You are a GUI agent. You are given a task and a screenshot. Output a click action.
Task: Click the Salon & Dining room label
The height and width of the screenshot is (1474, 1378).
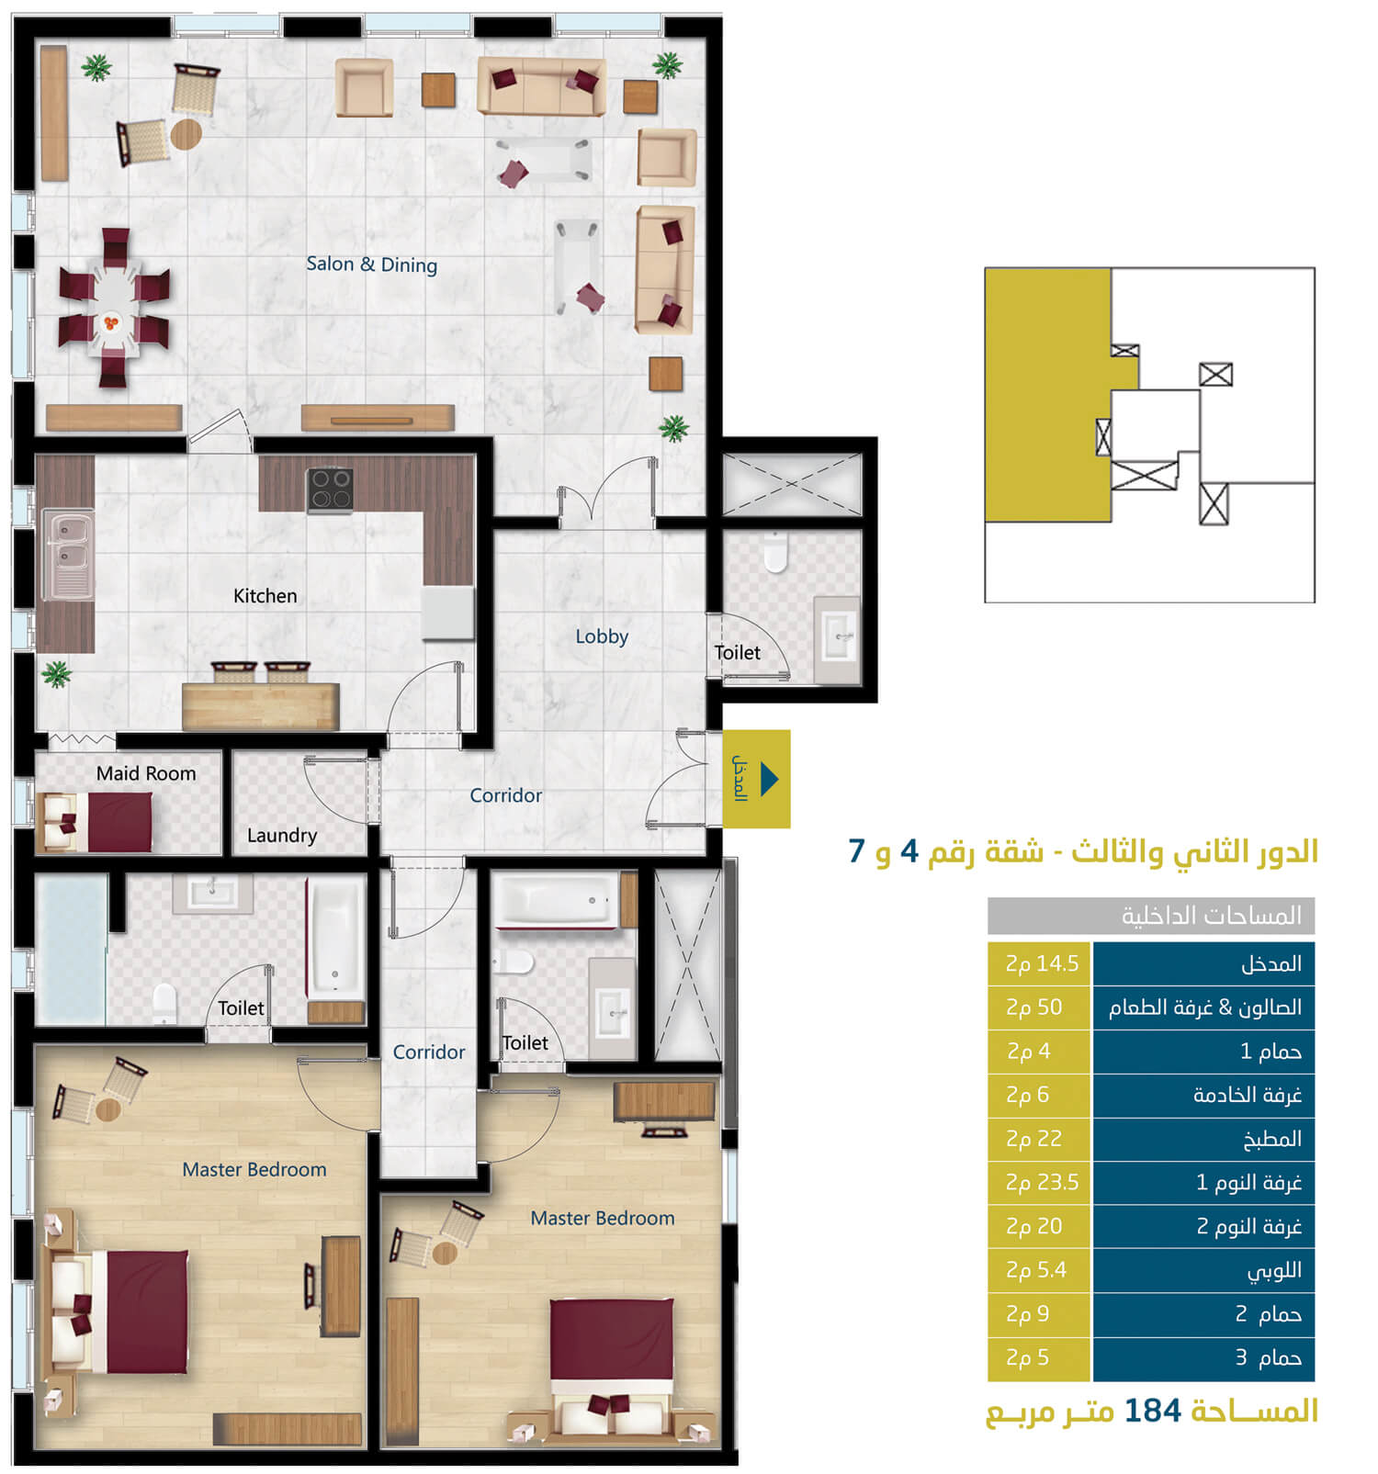[x=371, y=264]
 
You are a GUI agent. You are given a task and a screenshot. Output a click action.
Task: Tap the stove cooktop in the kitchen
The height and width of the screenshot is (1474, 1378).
[x=330, y=489]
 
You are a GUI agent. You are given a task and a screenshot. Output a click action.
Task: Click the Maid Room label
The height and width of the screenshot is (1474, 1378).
[x=146, y=773]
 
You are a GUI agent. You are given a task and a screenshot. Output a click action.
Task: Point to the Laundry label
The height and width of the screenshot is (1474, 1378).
[x=281, y=836]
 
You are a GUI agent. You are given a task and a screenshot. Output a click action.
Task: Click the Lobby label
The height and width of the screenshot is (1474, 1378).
[x=602, y=636]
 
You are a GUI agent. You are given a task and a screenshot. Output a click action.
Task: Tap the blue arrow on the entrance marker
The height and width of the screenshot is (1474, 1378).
[x=770, y=779]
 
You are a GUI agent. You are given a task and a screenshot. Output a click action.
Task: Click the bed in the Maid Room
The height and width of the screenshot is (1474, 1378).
[x=98, y=822]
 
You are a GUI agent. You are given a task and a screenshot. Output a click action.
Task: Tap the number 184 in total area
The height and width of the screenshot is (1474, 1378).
[x=1152, y=1411]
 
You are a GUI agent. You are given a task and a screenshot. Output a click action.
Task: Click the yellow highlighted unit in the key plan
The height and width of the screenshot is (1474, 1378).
[x=1047, y=395]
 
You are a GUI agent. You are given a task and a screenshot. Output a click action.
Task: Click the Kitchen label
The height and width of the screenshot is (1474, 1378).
[x=265, y=596]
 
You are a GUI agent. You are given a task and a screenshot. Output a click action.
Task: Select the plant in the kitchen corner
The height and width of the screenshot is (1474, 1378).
[x=57, y=674]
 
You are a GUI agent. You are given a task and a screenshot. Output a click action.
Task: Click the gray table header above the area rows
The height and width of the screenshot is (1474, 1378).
[x=1151, y=916]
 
